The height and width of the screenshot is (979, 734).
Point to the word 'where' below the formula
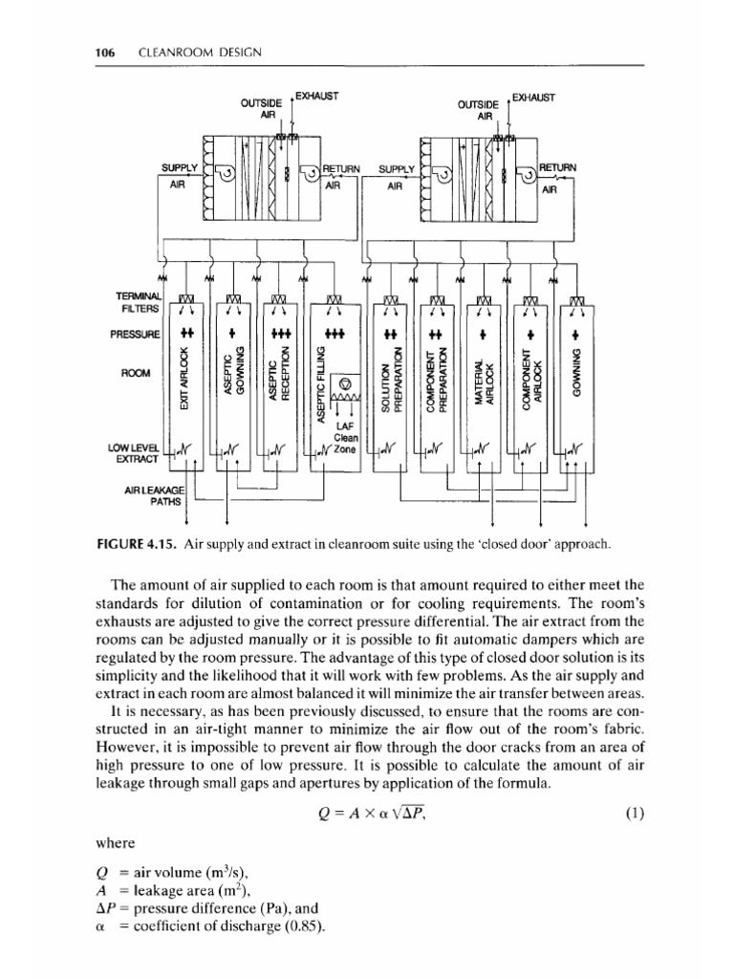tap(115, 844)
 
